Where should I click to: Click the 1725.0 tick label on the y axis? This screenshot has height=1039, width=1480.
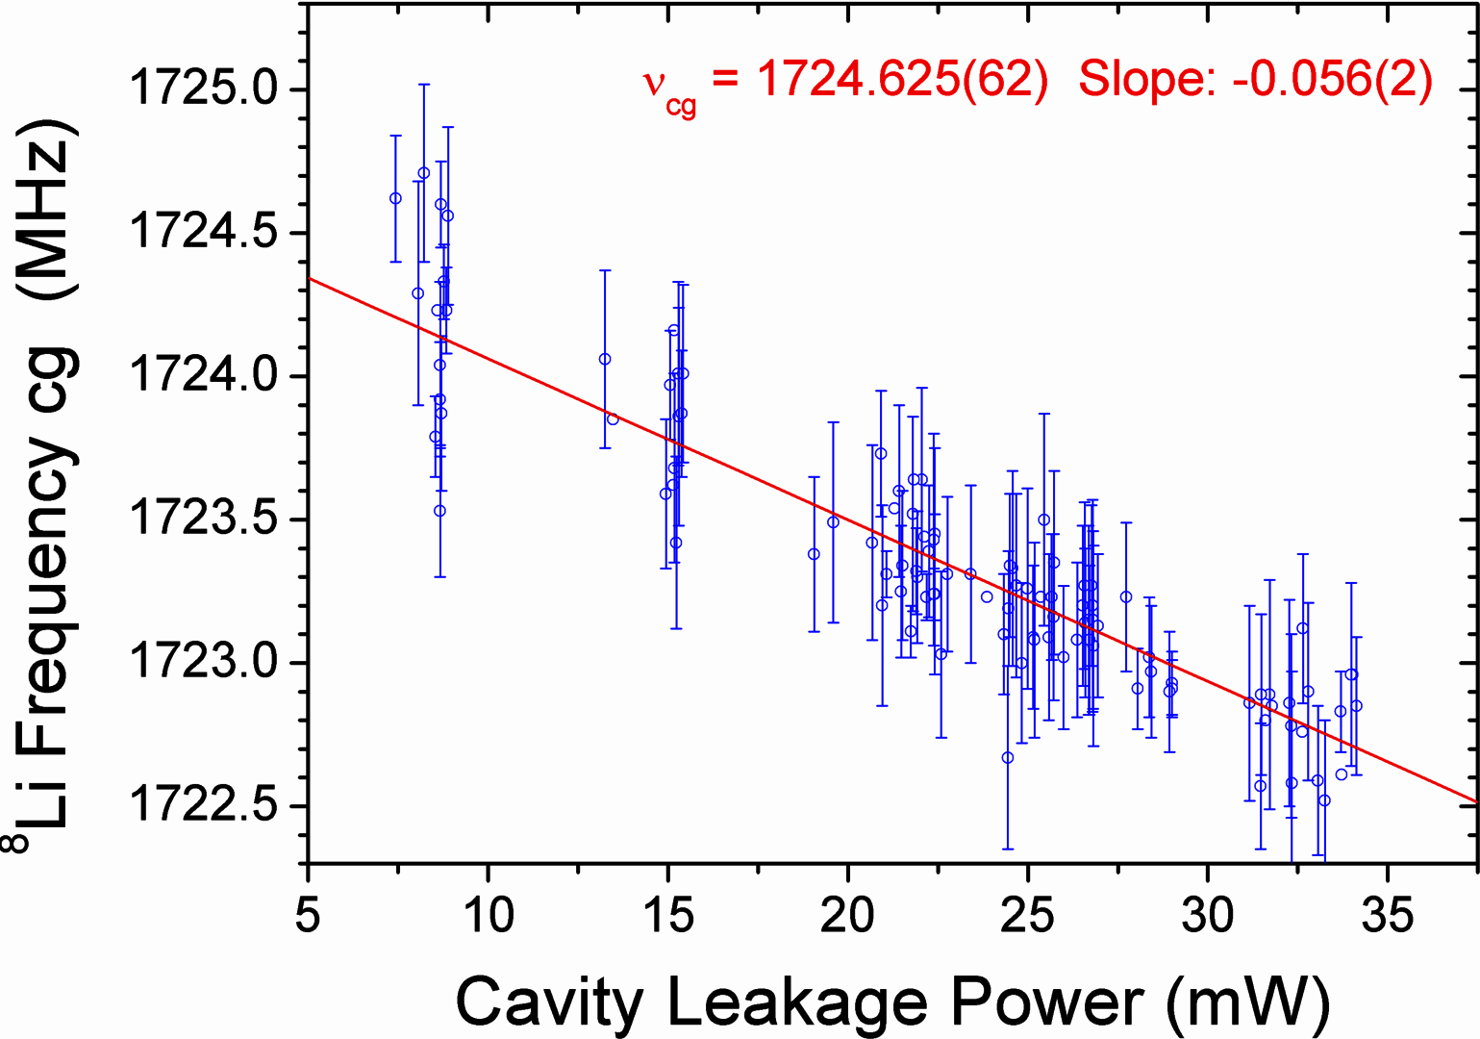pyautogui.click(x=203, y=89)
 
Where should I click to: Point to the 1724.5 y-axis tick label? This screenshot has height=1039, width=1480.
pyautogui.click(x=203, y=232)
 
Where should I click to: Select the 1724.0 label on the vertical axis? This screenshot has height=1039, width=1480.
pyautogui.click(x=203, y=375)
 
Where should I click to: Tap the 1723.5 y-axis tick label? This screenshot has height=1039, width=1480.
pyautogui.click(x=203, y=519)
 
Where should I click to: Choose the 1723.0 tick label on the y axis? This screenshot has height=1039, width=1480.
pyautogui.click(x=203, y=662)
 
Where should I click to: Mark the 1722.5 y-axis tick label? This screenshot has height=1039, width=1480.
pyautogui.click(x=203, y=805)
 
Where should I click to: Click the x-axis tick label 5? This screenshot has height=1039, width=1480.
pyautogui.click(x=308, y=915)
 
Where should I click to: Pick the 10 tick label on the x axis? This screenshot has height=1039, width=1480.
pyautogui.click(x=488, y=915)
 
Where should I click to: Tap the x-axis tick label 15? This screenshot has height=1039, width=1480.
pyautogui.click(x=667, y=915)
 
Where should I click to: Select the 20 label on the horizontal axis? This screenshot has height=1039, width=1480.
pyautogui.click(x=847, y=915)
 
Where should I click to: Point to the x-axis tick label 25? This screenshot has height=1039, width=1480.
pyautogui.click(x=1027, y=915)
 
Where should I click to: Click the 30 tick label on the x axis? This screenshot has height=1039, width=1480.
pyautogui.click(x=1207, y=915)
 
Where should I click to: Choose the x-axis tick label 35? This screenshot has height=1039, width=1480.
pyautogui.click(x=1387, y=915)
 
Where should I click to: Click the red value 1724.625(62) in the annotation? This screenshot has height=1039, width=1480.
pyautogui.click(x=901, y=79)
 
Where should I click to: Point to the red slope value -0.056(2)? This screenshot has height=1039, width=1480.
pyautogui.click(x=1332, y=79)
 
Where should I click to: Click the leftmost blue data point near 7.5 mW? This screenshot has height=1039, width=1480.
pyautogui.click(x=395, y=198)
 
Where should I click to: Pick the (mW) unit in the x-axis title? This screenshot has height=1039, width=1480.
pyautogui.click(x=1248, y=1003)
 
